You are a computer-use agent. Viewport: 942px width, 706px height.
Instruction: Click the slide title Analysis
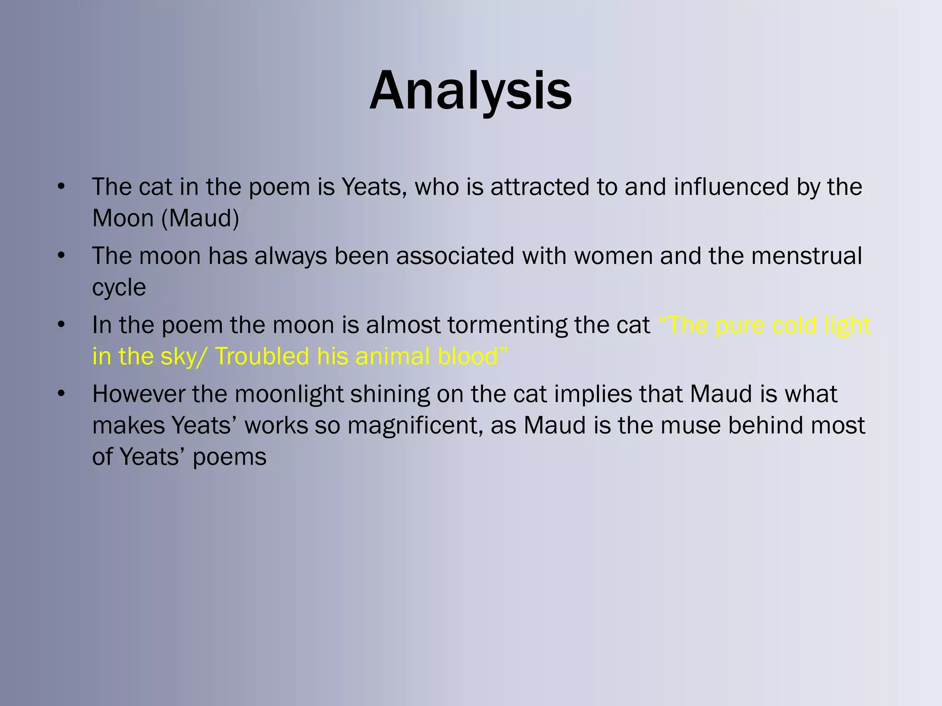pyautogui.click(x=471, y=91)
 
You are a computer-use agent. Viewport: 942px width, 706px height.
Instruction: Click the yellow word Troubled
pyautogui.click(x=262, y=357)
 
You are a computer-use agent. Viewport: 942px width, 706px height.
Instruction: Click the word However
pyautogui.click(x=138, y=394)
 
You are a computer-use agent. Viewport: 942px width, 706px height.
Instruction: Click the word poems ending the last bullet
pyautogui.click(x=230, y=457)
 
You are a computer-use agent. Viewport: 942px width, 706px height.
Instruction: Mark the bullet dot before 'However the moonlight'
pyautogui.click(x=61, y=394)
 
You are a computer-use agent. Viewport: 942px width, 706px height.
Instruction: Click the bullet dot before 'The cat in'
pyautogui.click(x=61, y=187)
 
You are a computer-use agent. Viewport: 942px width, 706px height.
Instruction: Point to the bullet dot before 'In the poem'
pyautogui.click(x=61, y=325)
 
